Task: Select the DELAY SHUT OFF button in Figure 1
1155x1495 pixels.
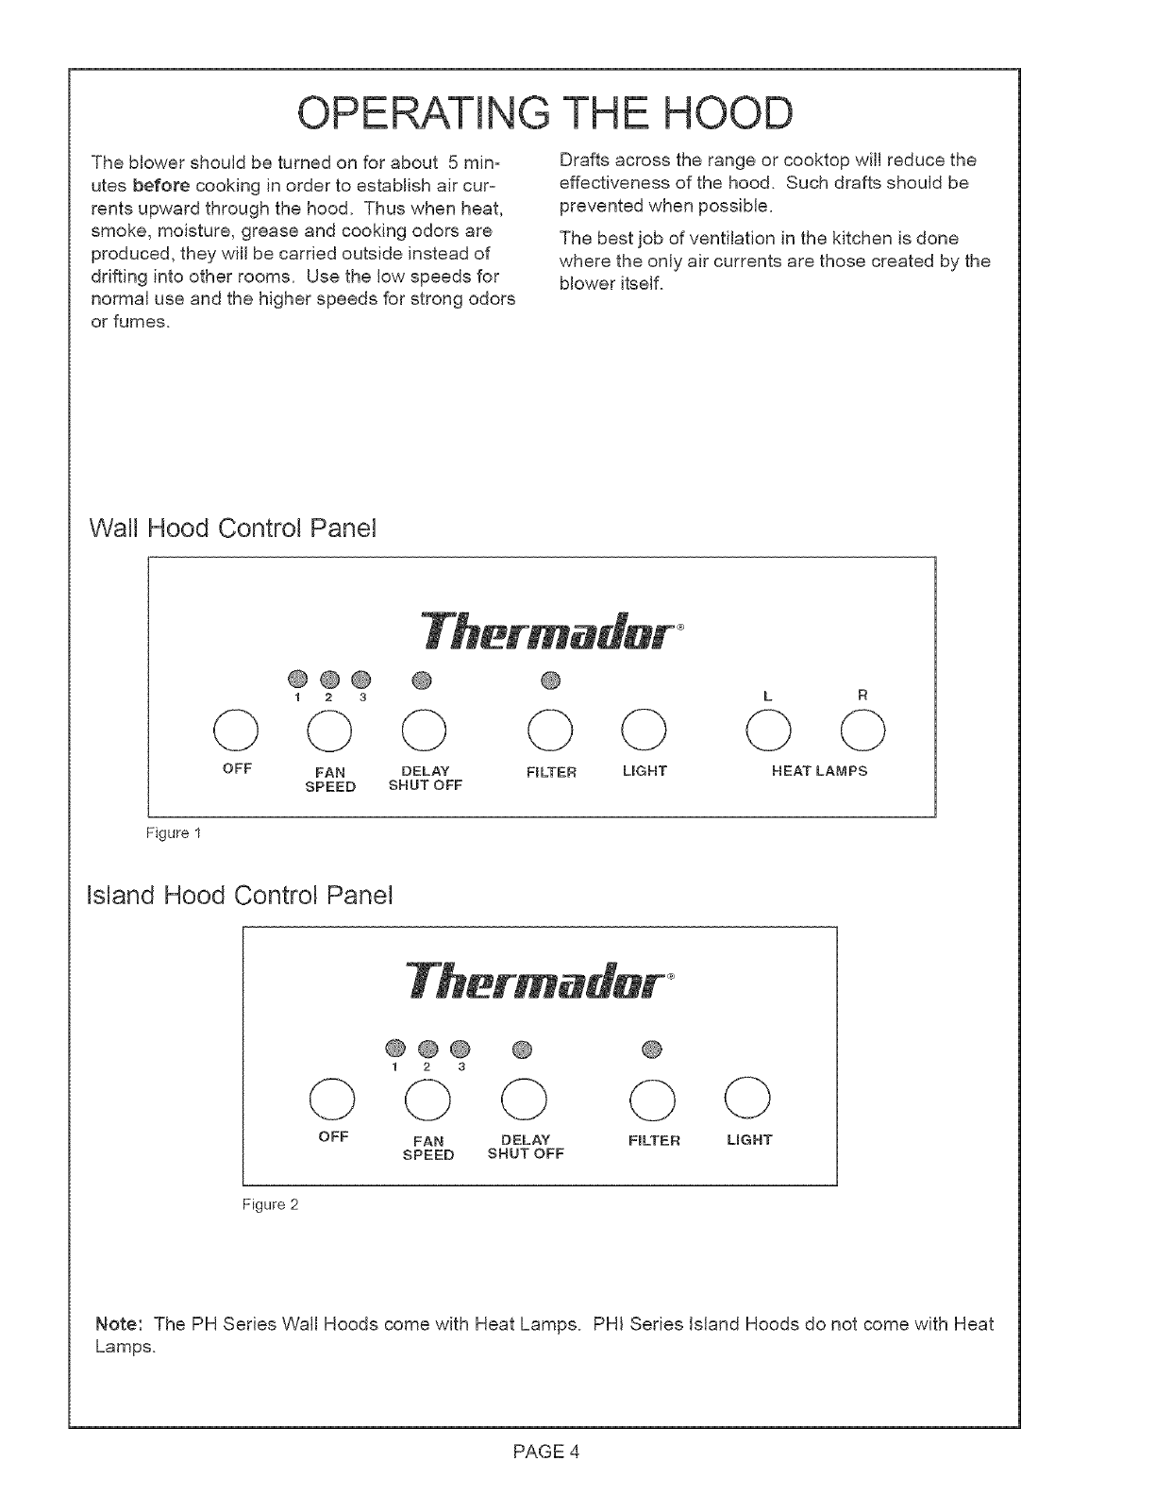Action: [423, 728]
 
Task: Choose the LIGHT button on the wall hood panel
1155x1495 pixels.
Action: [644, 728]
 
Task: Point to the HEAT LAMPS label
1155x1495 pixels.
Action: [819, 771]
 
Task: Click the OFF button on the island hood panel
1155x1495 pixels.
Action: [332, 1097]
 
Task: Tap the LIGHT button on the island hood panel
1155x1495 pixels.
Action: [749, 1097]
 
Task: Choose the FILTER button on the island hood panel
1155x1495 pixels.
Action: [653, 1097]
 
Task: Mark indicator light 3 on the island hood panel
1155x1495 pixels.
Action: [460, 1048]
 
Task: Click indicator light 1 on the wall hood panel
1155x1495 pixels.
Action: [297, 679]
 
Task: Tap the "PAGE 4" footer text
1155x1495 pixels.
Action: [545, 1452]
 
